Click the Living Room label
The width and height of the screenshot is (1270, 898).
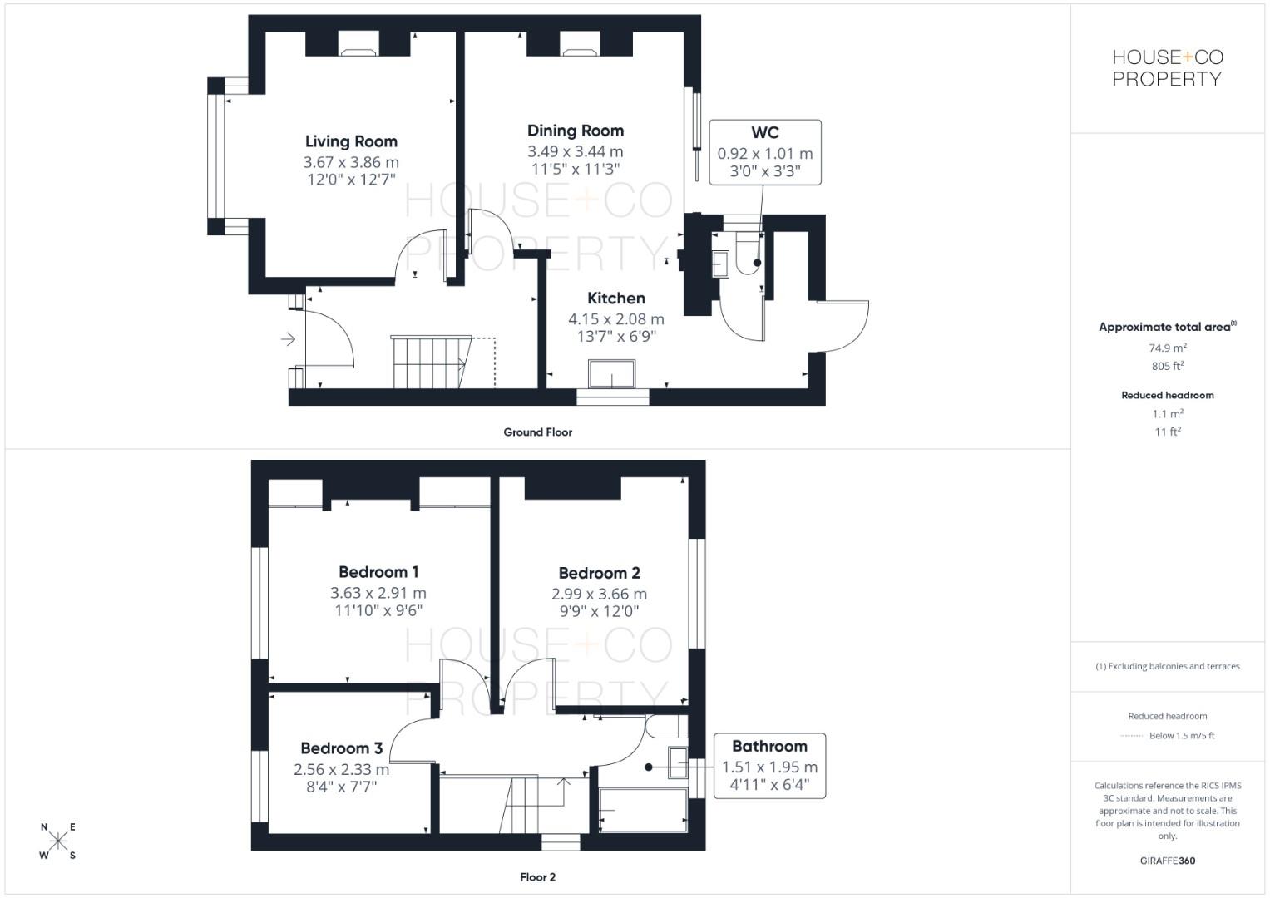351,141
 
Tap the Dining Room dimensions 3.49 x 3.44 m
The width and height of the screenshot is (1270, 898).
576,151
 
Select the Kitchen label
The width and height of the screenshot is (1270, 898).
616,299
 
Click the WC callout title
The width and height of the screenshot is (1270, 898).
765,133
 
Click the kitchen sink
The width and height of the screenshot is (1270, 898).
612,374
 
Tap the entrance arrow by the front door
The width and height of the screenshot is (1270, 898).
289,339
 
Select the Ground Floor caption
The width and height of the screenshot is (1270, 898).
537,432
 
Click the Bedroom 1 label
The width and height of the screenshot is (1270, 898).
378,571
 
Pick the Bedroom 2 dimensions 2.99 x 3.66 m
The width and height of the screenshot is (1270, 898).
600,595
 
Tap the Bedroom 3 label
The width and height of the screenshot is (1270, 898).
341,748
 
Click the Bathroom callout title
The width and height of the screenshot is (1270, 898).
769,746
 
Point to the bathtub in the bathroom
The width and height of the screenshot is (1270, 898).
644,810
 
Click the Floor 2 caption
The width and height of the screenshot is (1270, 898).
537,877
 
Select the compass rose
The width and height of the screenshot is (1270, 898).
58,841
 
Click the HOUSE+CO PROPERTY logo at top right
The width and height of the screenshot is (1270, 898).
1168,68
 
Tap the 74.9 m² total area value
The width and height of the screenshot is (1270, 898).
1168,348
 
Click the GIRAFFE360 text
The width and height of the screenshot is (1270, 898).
1168,861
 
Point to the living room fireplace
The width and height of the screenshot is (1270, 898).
358,44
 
